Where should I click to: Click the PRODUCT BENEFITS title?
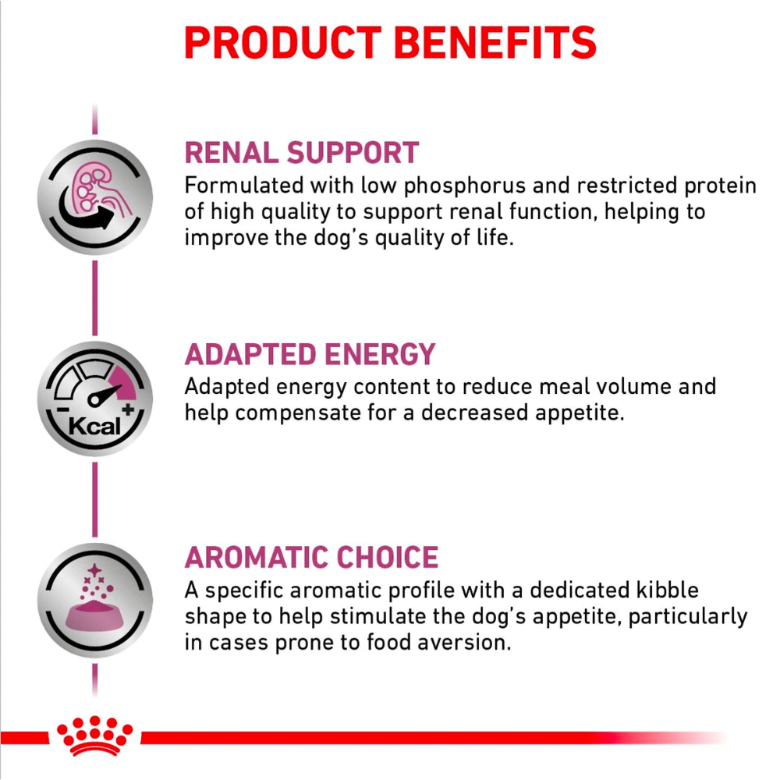390,43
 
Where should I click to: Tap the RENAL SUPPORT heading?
301,153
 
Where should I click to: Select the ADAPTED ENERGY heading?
310,355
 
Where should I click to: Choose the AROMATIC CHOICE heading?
311,558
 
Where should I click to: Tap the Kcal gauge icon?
94,399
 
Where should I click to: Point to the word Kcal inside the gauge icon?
94,427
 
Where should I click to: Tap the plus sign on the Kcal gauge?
128,409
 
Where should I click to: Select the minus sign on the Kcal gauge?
60,410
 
